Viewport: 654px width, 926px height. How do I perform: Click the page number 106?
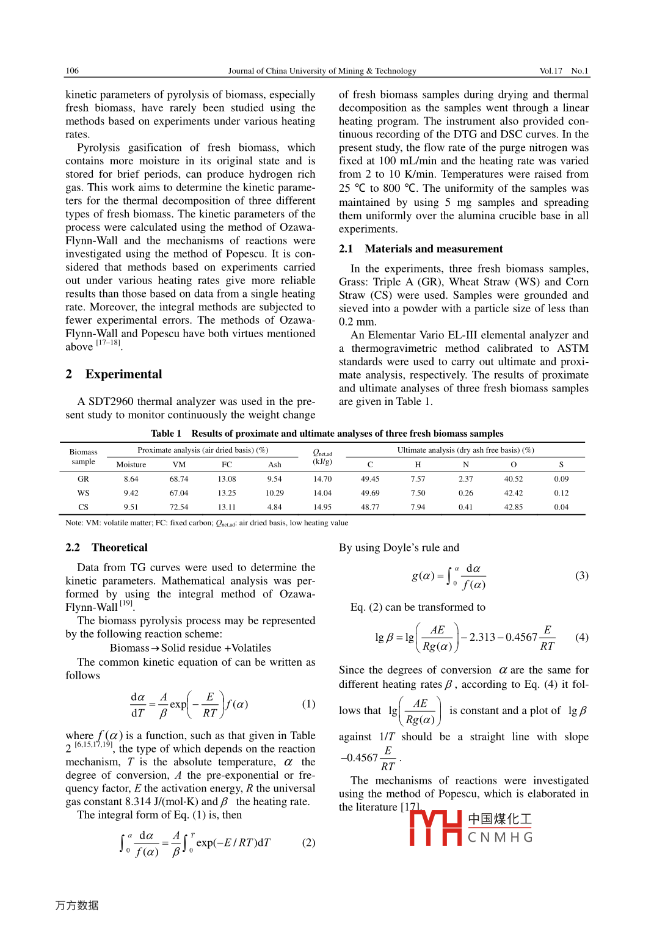72,71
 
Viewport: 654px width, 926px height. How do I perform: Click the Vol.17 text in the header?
550,71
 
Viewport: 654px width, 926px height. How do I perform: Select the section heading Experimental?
123,374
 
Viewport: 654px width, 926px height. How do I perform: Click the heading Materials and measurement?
434,249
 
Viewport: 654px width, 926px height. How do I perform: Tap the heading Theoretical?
120,547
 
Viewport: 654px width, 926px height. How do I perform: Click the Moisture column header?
131,465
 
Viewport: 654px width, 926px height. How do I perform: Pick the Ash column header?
275,465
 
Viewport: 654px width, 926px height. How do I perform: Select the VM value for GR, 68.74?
179,479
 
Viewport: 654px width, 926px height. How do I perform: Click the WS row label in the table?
83,494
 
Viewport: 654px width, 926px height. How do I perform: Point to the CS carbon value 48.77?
370,508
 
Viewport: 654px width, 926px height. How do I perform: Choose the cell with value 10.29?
275,494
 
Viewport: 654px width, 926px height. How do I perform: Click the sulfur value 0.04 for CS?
561,508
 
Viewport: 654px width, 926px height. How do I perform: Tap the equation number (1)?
308,704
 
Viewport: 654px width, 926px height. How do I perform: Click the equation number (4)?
582,637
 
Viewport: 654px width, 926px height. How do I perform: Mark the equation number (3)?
582,575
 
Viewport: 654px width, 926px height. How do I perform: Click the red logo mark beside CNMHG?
435,828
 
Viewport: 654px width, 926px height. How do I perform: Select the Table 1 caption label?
166,434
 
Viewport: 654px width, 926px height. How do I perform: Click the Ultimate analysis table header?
465,450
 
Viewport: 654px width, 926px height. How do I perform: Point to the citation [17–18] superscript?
108,343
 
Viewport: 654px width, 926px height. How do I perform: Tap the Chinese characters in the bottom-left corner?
77,905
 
